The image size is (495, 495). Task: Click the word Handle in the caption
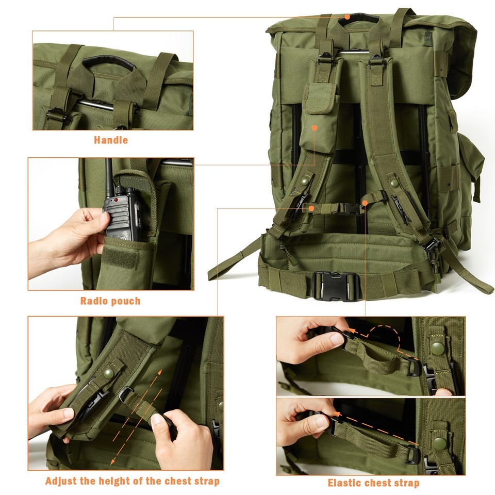[x=110, y=140]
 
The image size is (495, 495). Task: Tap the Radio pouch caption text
[x=110, y=301]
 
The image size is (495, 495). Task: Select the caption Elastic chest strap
[x=373, y=483]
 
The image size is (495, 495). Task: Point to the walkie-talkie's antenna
[x=109, y=176]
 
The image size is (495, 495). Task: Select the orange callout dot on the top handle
[x=348, y=16]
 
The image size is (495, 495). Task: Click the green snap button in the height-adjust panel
[x=109, y=371]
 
